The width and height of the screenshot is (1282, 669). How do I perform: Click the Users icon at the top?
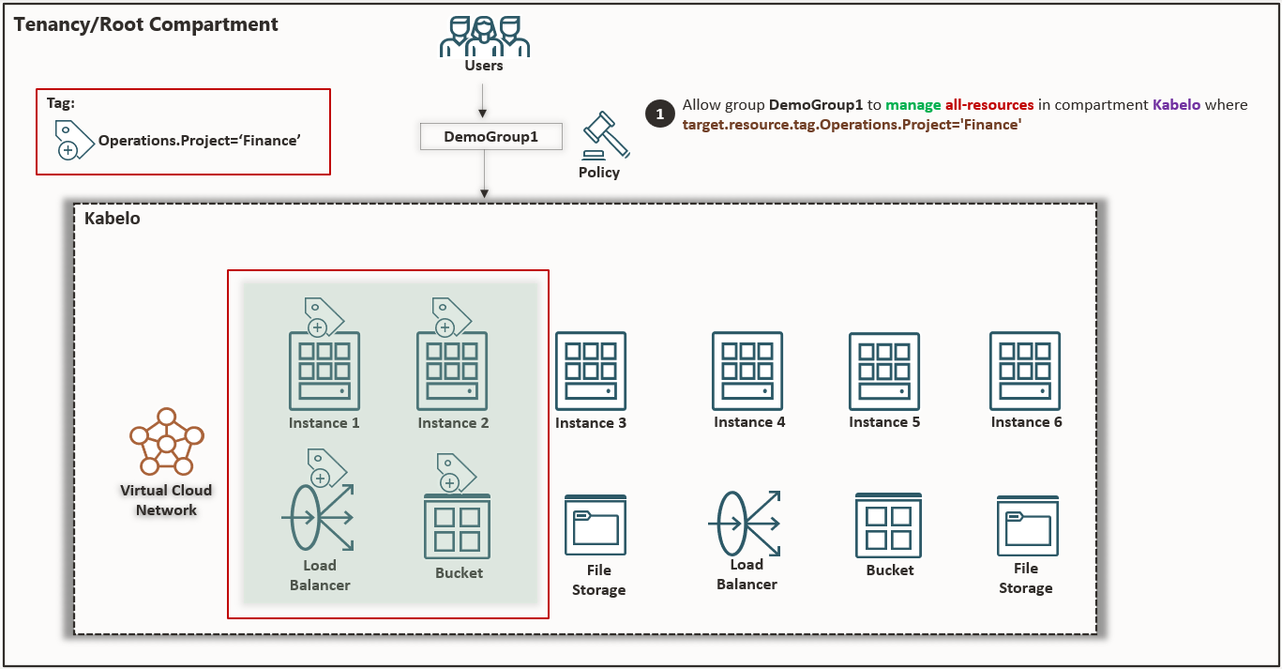tap(484, 37)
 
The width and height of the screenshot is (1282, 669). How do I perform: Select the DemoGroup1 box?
tap(490, 137)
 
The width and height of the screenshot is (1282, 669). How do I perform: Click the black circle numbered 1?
tap(659, 114)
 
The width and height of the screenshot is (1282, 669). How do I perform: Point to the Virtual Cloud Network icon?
tap(166, 442)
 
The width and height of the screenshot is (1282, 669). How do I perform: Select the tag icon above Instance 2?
tap(451, 316)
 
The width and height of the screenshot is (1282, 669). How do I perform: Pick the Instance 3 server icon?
tap(590, 370)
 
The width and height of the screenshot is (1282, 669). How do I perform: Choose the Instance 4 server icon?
tap(747, 370)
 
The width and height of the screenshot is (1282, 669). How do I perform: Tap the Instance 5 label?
tap(884, 422)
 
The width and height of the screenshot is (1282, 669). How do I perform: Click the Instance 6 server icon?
tap(1025, 370)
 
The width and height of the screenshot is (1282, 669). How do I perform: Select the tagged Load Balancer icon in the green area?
tap(317, 517)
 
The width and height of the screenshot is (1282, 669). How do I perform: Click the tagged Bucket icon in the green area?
tap(458, 526)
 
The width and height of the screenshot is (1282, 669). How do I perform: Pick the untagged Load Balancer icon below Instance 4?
tap(747, 523)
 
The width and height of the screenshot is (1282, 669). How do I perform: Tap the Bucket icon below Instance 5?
tap(888, 525)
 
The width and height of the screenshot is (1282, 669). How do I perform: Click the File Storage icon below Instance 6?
tap(1028, 525)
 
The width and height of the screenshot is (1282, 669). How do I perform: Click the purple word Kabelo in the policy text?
tap(1176, 105)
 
